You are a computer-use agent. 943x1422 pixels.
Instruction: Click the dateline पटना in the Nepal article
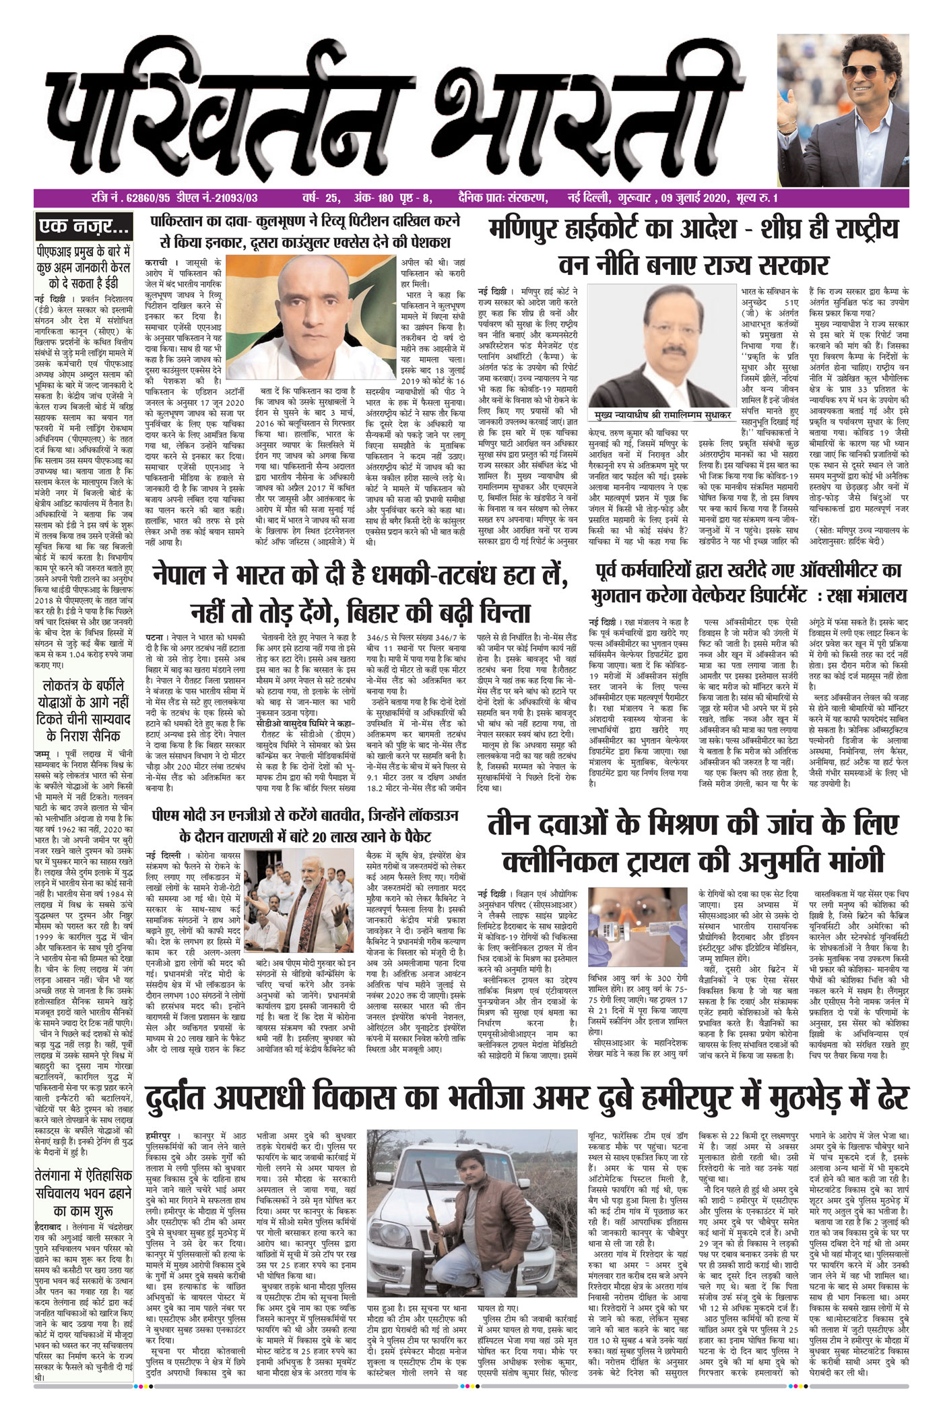(156, 636)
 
